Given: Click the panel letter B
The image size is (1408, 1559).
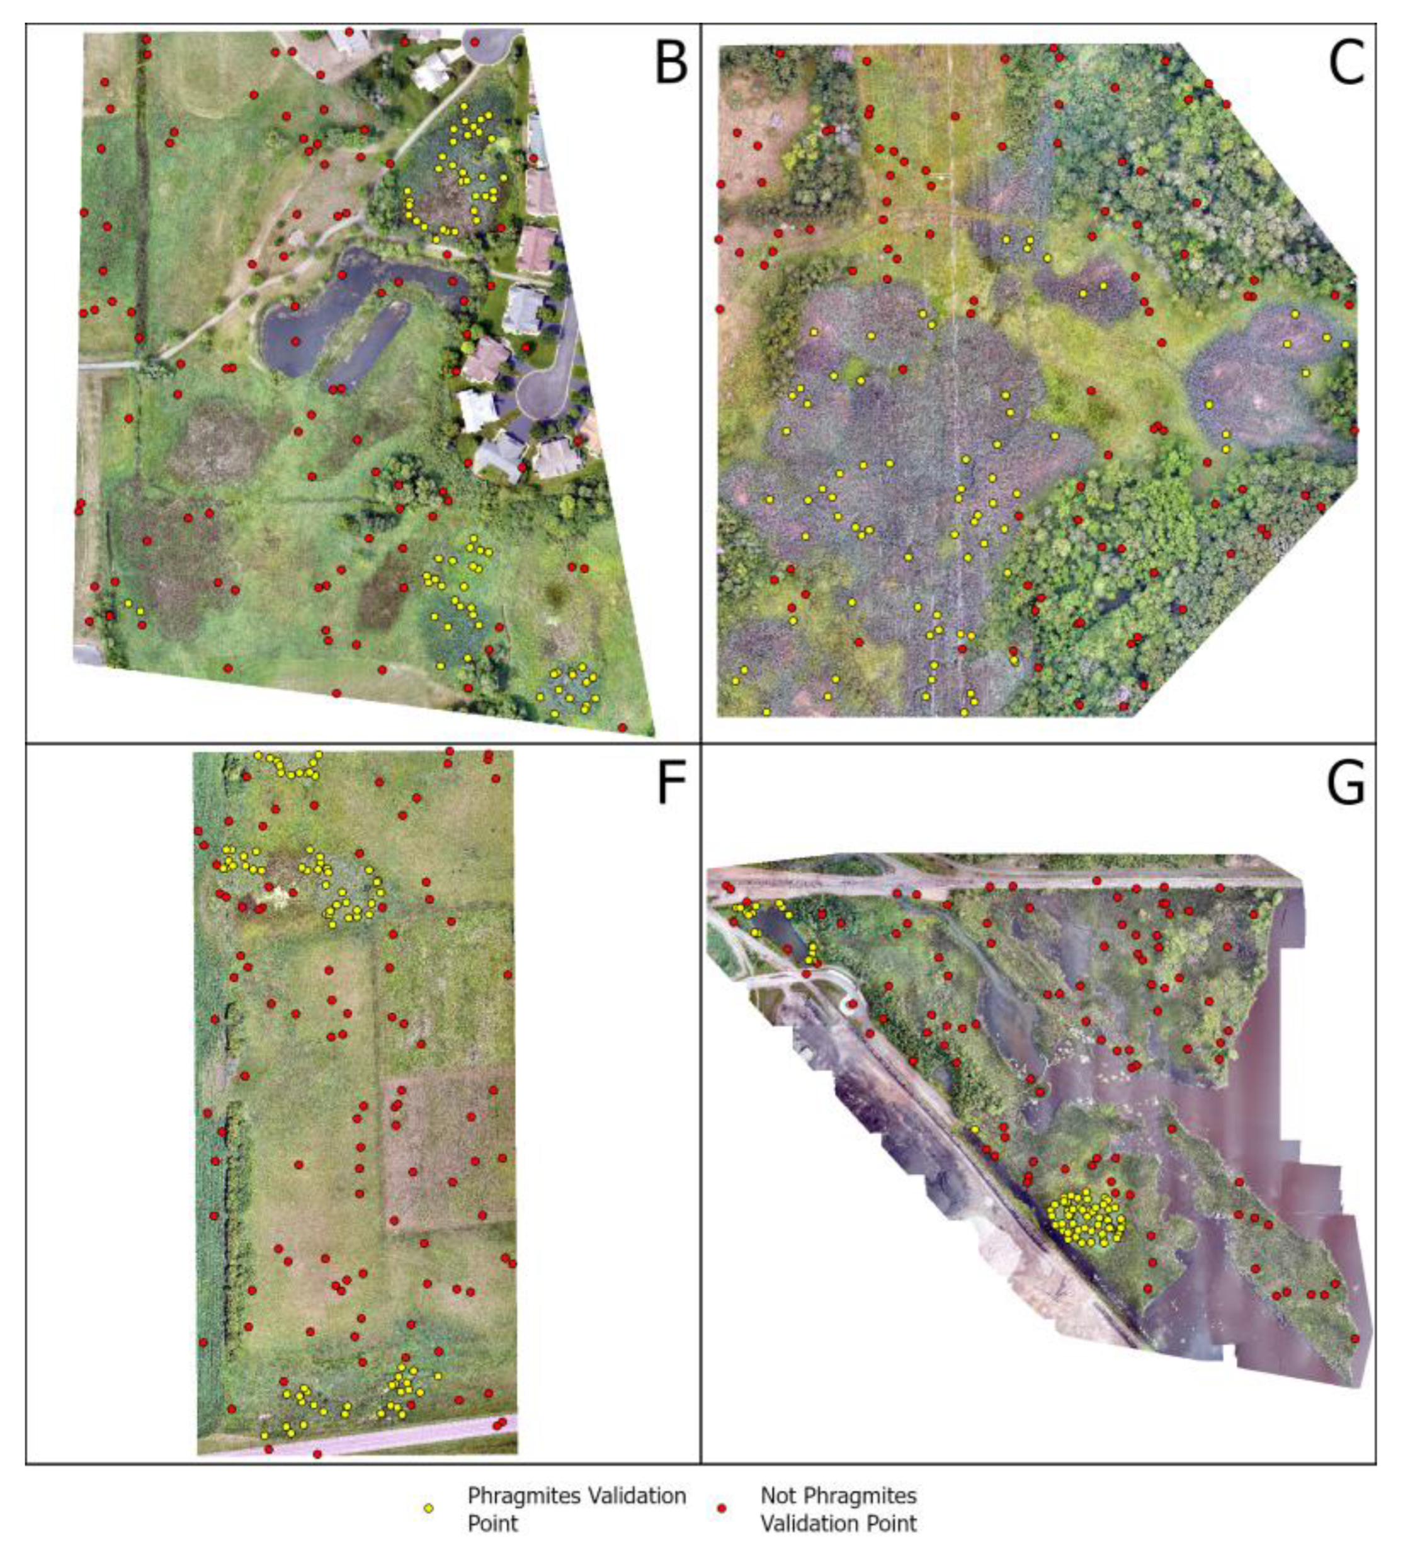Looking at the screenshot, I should (669, 64).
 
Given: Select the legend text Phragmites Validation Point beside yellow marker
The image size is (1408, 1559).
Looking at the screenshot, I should (576, 1508).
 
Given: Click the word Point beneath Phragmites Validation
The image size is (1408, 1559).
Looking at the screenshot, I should (492, 1522).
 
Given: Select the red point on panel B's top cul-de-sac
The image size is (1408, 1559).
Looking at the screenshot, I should (475, 42).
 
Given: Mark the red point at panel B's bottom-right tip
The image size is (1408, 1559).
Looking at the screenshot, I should (622, 727).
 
